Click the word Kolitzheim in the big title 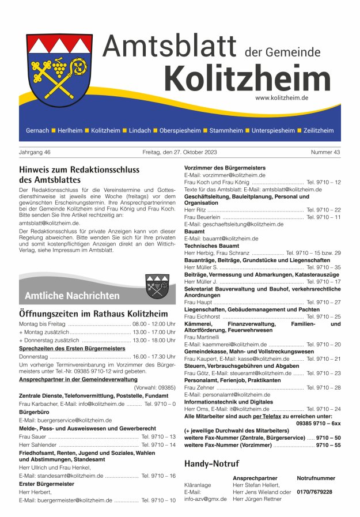coord(248,78)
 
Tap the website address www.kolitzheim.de coord(282,98)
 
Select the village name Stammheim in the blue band coord(226,131)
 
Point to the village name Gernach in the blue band coord(37,131)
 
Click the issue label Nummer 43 coord(325,152)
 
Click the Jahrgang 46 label coord(35,152)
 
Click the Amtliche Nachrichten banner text coord(72,296)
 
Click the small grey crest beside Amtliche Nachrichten coord(157,286)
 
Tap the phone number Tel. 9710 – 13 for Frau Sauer coord(158,437)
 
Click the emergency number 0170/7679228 coord(314,492)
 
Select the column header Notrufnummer coord(316,478)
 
